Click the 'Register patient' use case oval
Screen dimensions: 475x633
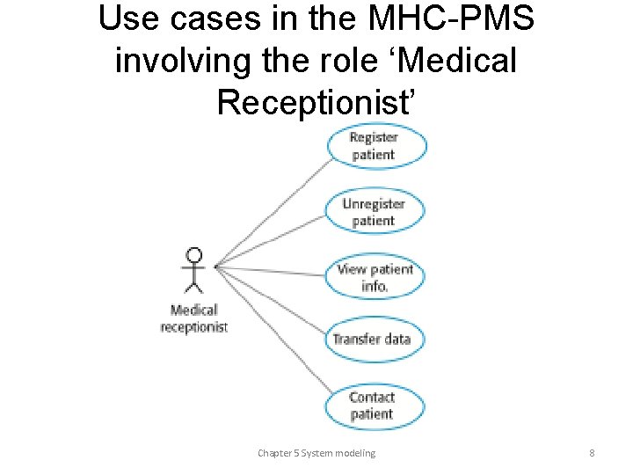click(x=375, y=146)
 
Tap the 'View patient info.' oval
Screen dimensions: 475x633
click(x=375, y=278)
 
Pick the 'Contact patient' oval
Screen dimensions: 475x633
click(x=374, y=406)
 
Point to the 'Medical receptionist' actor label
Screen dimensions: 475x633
click(x=194, y=318)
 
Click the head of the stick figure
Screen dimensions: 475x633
click(x=194, y=256)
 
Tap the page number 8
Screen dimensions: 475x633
click(x=592, y=453)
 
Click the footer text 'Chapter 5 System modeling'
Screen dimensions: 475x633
click(x=316, y=453)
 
